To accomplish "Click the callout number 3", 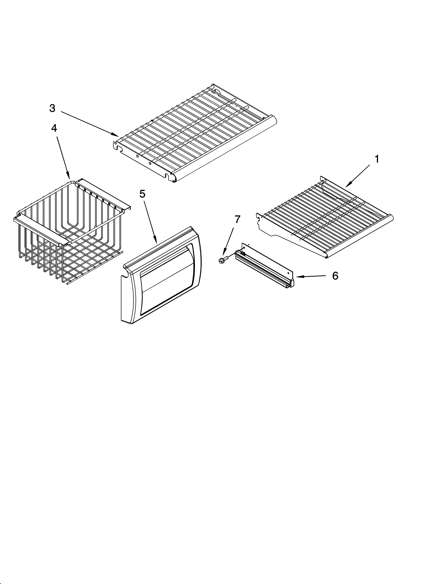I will pyautogui.click(x=52, y=108).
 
